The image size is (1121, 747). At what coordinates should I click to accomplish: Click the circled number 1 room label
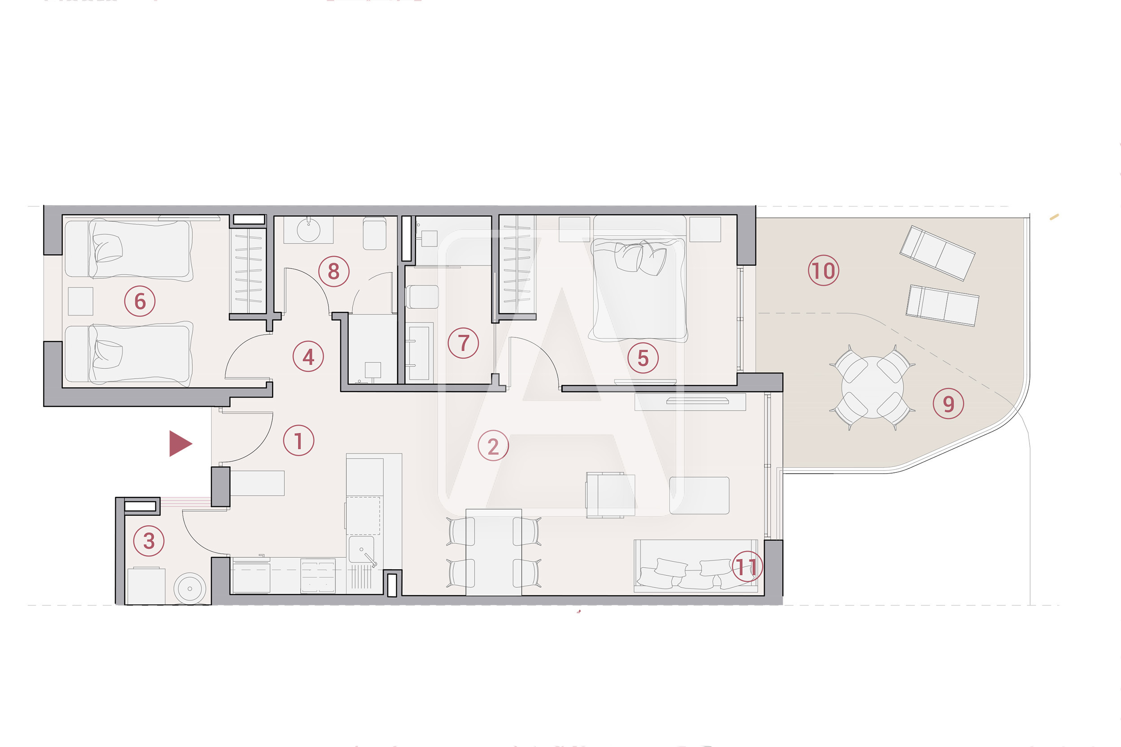pos(298,440)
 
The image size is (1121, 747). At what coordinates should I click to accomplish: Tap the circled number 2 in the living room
pos(493,446)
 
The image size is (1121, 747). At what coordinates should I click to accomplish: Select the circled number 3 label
pos(149,541)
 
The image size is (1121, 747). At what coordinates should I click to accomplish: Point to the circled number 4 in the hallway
pos(308,356)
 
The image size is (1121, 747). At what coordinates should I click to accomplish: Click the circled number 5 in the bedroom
pos(643,358)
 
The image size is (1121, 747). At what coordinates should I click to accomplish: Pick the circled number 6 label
pos(139,301)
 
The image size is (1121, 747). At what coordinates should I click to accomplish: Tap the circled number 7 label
pos(463,343)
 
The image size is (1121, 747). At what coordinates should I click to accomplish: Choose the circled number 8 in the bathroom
pos(334,271)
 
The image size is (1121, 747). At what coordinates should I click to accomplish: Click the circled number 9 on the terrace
pos(948,403)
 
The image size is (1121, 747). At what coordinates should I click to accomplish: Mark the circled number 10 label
pos(824,271)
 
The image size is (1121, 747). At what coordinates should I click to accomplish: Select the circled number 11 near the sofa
pos(747,567)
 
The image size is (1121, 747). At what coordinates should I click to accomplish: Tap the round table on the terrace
pos(872,387)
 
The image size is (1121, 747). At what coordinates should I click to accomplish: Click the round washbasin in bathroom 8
pos(308,231)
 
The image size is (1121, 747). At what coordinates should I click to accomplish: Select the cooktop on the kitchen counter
pos(318,576)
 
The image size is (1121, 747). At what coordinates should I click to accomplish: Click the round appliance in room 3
pos(190,589)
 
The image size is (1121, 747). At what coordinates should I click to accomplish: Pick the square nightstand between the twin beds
pos(81,301)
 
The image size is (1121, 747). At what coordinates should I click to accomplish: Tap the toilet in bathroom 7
pos(422,297)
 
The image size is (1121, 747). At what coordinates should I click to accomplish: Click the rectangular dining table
pos(494,552)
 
